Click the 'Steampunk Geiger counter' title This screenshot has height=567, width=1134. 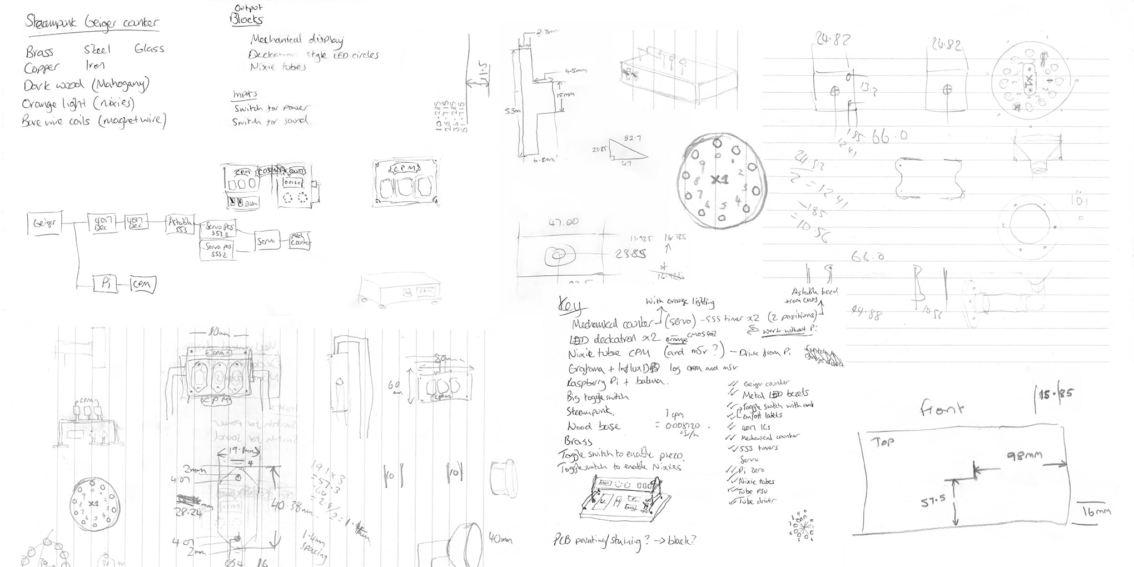tap(92, 23)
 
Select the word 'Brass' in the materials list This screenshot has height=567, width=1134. tap(39, 52)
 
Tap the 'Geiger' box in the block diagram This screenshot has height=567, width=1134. tap(44, 223)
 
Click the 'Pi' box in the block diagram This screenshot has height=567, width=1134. tap(106, 283)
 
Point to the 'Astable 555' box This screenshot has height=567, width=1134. tap(181, 224)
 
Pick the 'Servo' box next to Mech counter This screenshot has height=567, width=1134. tap(266, 241)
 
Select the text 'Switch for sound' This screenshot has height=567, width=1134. tap(271, 121)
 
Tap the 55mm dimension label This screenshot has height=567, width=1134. tap(511, 111)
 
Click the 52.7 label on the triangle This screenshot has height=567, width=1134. tap(632, 137)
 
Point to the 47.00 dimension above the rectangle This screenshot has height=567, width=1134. tap(564, 222)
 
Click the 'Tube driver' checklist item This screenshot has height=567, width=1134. tap(756, 501)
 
